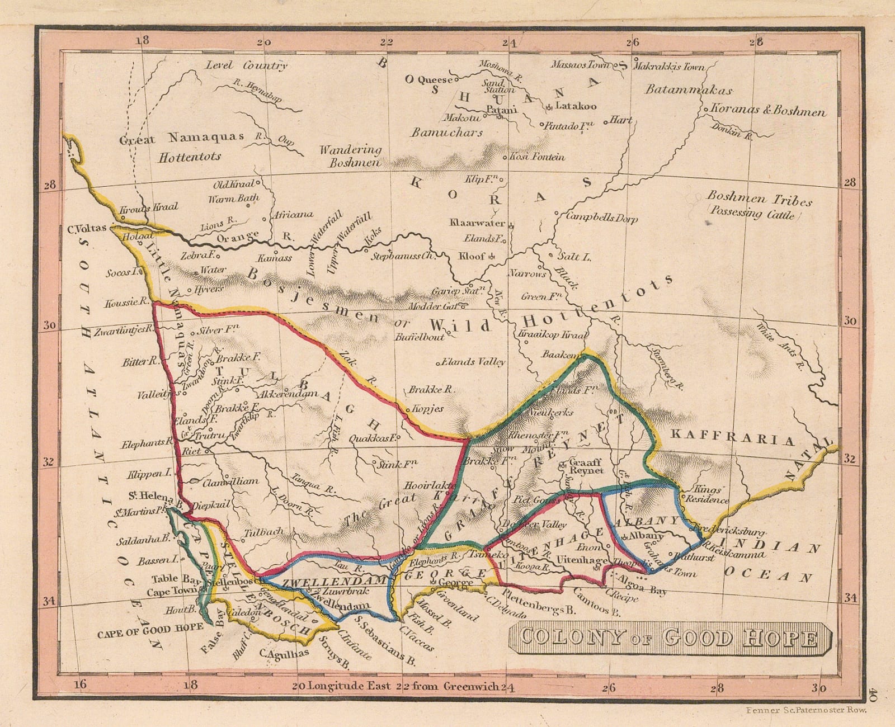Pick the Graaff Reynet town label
point(586,466)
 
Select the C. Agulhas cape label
point(284,653)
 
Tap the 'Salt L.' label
point(574,257)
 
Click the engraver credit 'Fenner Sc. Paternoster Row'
point(807,710)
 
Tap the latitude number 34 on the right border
point(850,598)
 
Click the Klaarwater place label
point(477,223)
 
